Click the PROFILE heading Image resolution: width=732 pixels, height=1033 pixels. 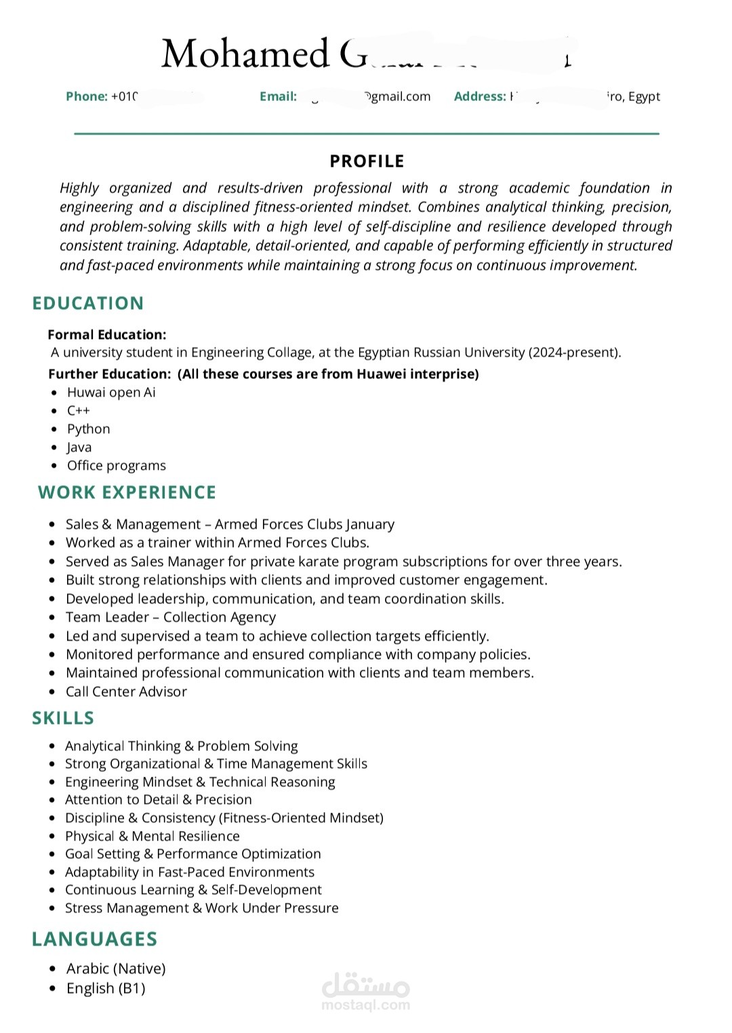(367, 161)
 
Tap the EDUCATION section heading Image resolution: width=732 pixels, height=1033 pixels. (88, 303)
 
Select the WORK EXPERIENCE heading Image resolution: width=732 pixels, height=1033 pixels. (127, 492)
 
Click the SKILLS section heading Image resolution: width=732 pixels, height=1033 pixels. (63, 718)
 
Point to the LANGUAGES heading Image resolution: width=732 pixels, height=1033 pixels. (95, 939)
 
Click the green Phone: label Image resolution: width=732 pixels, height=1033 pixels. (86, 96)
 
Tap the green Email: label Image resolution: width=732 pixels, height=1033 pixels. (278, 96)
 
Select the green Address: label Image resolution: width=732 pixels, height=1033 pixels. (480, 96)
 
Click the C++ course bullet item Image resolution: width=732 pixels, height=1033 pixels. (79, 411)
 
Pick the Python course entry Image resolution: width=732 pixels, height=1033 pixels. (88, 429)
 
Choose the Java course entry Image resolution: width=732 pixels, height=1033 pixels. (79, 447)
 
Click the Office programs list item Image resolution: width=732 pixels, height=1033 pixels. (116, 466)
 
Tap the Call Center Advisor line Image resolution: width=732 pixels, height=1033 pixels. (126, 691)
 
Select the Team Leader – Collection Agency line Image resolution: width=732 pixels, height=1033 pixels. (171, 617)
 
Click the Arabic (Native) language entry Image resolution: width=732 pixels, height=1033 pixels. (116, 969)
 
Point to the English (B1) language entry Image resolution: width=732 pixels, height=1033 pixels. (106, 988)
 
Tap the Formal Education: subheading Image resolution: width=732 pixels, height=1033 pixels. (107, 334)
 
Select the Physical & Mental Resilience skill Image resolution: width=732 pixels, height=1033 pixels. (152, 836)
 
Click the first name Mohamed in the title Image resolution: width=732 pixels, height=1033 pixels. (245, 54)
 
